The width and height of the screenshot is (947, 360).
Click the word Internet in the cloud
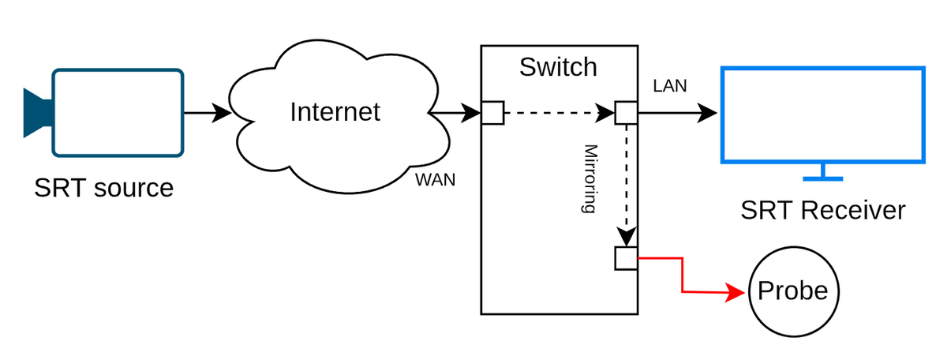335,111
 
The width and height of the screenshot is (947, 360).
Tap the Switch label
558,67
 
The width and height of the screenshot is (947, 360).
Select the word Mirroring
588,178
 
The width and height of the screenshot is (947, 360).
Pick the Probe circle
792,291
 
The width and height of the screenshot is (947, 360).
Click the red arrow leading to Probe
683,276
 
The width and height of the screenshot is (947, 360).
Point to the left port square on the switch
492,114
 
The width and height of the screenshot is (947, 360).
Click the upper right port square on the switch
626,114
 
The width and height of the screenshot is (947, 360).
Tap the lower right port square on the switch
626,257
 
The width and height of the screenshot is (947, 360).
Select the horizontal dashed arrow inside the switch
552,114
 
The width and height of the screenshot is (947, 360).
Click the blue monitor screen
822,114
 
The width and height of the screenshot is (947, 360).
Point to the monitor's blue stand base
822,178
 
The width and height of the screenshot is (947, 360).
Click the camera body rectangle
118,112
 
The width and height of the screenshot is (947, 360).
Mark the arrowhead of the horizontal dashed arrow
606,114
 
